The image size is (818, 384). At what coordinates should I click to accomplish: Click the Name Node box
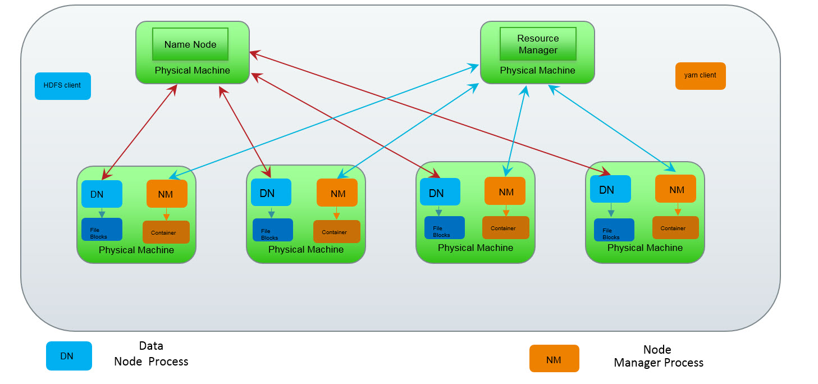point(190,44)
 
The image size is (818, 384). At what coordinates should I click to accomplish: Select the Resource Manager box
point(538,44)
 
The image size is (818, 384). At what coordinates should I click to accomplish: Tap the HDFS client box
point(63,86)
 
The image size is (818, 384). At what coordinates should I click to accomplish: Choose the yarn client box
point(700,76)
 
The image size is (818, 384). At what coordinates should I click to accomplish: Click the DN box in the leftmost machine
point(102,194)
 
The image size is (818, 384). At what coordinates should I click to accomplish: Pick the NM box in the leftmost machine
point(166,194)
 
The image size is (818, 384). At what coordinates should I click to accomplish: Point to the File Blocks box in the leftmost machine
point(102,230)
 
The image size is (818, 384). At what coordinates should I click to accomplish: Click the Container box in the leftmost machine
point(166,232)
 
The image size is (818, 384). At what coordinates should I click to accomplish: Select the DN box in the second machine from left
point(271,193)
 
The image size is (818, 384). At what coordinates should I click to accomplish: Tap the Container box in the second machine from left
point(336,231)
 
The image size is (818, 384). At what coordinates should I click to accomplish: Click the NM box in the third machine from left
point(505,191)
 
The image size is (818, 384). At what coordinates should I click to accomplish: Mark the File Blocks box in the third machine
point(444,227)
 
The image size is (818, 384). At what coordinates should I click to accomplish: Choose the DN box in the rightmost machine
point(610,189)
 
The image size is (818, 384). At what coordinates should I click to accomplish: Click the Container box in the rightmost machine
point(675,227)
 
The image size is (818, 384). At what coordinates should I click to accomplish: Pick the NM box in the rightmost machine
point(675,189)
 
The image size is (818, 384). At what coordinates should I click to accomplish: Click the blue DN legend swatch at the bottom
point(68,356)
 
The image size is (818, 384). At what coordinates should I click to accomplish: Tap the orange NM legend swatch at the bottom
point(554,359)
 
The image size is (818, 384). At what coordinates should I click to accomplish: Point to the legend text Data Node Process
point(151,354)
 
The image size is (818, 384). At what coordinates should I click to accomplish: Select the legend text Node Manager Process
point(658,356)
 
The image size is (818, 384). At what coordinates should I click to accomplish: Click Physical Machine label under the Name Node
point(192,71)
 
